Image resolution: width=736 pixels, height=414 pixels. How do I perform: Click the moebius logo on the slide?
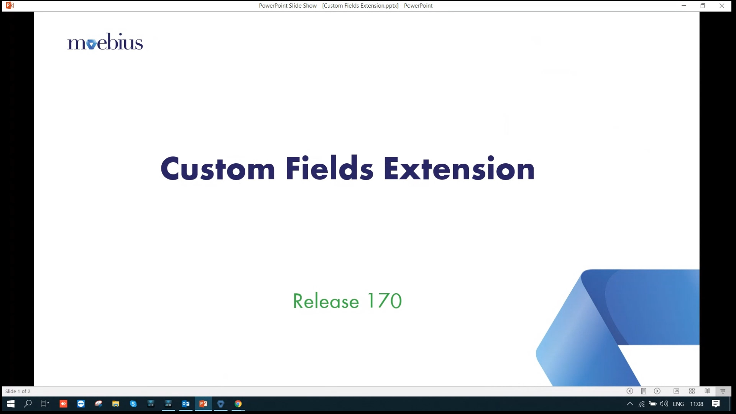pos(105,42)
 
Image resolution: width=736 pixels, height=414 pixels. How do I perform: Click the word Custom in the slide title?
pos(218,168)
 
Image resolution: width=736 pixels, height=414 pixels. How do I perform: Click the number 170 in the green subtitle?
pos(384,301)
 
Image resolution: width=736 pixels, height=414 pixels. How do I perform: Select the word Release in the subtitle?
pos(326,301)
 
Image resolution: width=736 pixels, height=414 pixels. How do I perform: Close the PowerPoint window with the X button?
pos(722,6)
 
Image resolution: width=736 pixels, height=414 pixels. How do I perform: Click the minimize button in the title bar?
pos(684,6)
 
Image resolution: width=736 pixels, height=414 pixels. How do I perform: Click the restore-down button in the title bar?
pos(703,6)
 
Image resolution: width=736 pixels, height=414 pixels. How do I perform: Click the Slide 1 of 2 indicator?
pos(18,391)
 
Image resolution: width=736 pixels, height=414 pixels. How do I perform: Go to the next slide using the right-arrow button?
pos(657,391)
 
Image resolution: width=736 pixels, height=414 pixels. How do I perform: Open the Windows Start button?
pos(10,404)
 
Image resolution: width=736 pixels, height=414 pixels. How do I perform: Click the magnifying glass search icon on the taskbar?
pos(28,404)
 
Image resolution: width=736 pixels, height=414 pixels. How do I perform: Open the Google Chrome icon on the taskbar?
pos(238,404)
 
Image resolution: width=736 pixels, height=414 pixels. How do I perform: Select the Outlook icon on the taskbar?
pos(186,404)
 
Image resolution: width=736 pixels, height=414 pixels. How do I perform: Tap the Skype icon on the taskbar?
pos(133,404)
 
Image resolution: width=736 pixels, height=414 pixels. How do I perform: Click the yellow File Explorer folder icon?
pos(115,404)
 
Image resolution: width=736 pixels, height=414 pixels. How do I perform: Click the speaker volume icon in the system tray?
pos(664,404)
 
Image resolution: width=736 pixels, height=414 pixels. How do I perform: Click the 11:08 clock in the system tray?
pos(697,404)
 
